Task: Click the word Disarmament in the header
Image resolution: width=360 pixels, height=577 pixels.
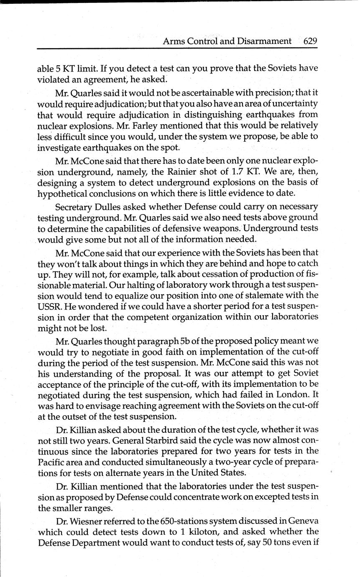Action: pyautogui.click(x=264, y=41)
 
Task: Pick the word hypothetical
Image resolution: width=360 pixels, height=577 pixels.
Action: pyautogui.click(x=64, y=193)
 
